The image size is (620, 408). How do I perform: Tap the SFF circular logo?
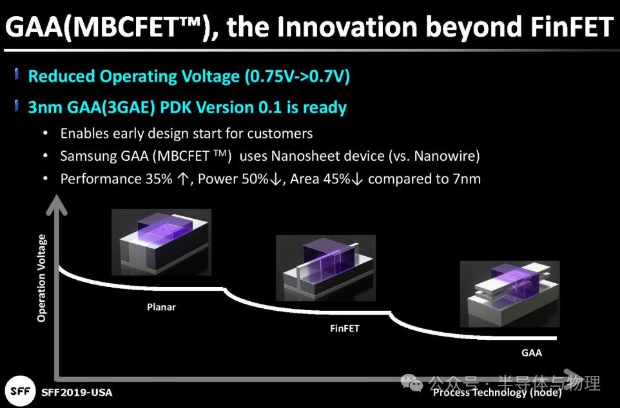(21, 391)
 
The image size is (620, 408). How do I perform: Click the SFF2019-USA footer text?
(77, 393)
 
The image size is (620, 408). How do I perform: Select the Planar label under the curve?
(161, 307)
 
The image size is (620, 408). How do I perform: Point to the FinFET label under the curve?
(345, 329)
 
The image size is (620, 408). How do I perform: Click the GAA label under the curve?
(532, 353)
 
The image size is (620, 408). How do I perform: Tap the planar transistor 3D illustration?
(161, 242)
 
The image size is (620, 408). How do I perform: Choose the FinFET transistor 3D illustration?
(326, 268)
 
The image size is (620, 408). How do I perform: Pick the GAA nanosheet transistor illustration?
(510, 294)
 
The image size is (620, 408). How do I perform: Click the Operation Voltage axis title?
(41, 278)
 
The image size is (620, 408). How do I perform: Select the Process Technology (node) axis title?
(498, 392)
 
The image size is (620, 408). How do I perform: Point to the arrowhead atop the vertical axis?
(57, 205)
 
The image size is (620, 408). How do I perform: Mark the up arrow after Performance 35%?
(182, 180)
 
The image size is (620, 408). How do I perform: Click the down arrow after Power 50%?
(276, 180)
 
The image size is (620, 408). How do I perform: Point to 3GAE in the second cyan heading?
(128, 107)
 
